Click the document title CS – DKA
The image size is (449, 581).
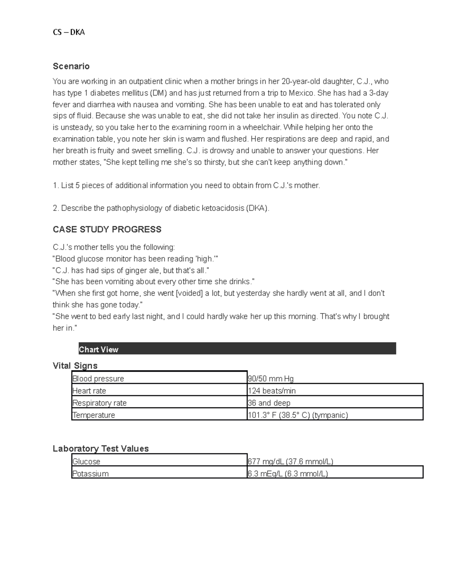coord(69,32)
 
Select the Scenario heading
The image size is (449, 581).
coord(71,66)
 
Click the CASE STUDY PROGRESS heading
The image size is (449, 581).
coord(107,229)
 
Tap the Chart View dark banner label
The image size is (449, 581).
coord(98,349)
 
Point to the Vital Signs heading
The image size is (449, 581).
coord(75,366)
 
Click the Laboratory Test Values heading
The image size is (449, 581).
coord(101,448)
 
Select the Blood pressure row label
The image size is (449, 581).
coord(98,379)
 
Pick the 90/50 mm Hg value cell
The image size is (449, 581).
coord(271,379)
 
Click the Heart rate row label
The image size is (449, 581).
coord(89,391)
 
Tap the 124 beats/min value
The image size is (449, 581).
coord(272,391)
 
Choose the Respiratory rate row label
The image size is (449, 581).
coord(100,403)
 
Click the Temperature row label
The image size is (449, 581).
coord(94,415)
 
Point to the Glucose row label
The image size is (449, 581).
coord(86,461)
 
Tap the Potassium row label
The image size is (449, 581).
coord(90,474)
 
